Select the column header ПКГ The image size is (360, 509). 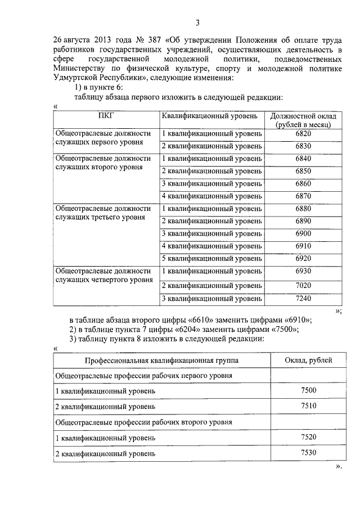[105, 116]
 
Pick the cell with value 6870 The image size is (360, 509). [303, 196]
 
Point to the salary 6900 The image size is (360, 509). [303, 233]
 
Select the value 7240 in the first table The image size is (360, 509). [303, 298]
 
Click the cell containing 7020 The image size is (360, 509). [303, 285]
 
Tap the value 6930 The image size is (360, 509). [303, 271]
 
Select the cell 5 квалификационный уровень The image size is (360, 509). [211, 259]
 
